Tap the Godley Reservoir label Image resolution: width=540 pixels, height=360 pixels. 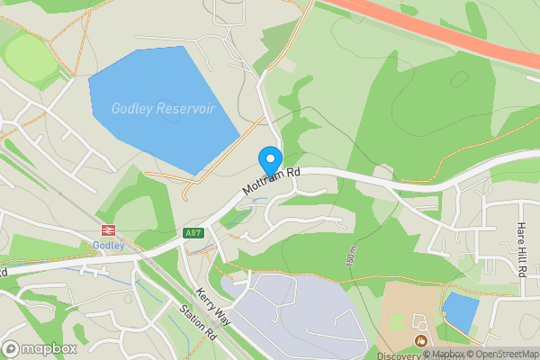(x=163, y=108)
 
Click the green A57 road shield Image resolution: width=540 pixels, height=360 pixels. (x=192, y=233)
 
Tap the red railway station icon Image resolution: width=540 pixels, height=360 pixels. (x=110, y=230)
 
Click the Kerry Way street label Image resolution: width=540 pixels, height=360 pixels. (x=213, y=306)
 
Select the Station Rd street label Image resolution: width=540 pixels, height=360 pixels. (x=198, y=323)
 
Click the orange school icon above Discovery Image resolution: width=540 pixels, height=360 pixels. (x=420, y=339)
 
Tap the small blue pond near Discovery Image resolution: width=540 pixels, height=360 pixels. (x=460, y=311)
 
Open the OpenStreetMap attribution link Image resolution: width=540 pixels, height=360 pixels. (x=503, y=354)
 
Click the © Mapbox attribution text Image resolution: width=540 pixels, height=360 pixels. (x=445, y=354)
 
